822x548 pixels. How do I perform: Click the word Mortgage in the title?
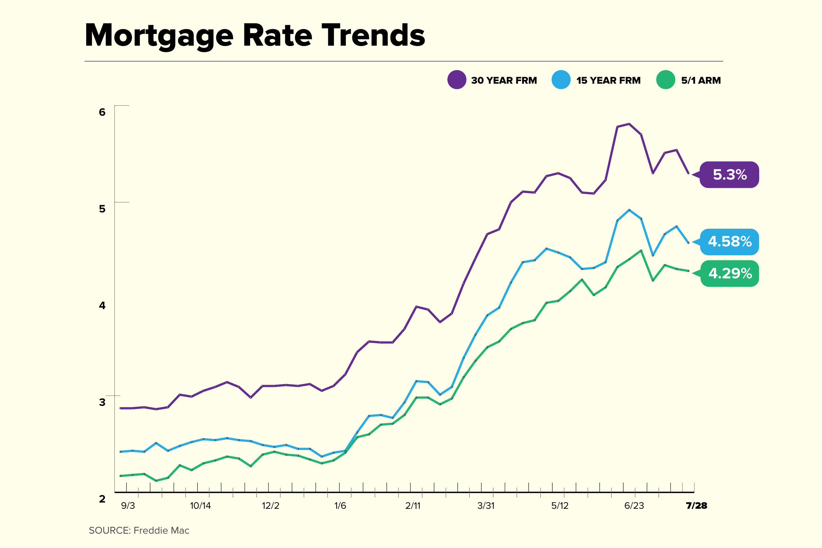tap(159, 36)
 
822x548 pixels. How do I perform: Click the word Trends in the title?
tap(373, 36)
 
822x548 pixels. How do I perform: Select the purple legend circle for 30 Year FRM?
tap(456, 80)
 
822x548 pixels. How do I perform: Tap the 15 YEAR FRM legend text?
tap(608, 80)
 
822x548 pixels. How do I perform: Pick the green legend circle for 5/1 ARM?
tap(665, 80)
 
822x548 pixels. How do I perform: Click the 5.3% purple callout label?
tap(730, 174)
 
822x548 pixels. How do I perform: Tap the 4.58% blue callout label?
tap(730, 241)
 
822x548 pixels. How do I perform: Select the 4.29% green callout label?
tap(730, 273)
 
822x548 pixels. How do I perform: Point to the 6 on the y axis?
tap(102, 112)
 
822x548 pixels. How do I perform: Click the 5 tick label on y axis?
tap(102, 209)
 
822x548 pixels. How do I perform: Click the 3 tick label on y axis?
tap(102, 402)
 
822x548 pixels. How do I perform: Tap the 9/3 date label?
tap(128, 506)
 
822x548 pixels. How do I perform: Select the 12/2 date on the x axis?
tap(271, 506)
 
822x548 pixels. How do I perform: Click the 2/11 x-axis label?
tap(413, 506)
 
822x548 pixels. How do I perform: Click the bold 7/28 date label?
tap(696, 506)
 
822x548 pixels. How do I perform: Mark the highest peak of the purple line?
tap(629, 124)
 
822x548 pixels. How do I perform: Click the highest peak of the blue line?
tap(629, 210)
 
